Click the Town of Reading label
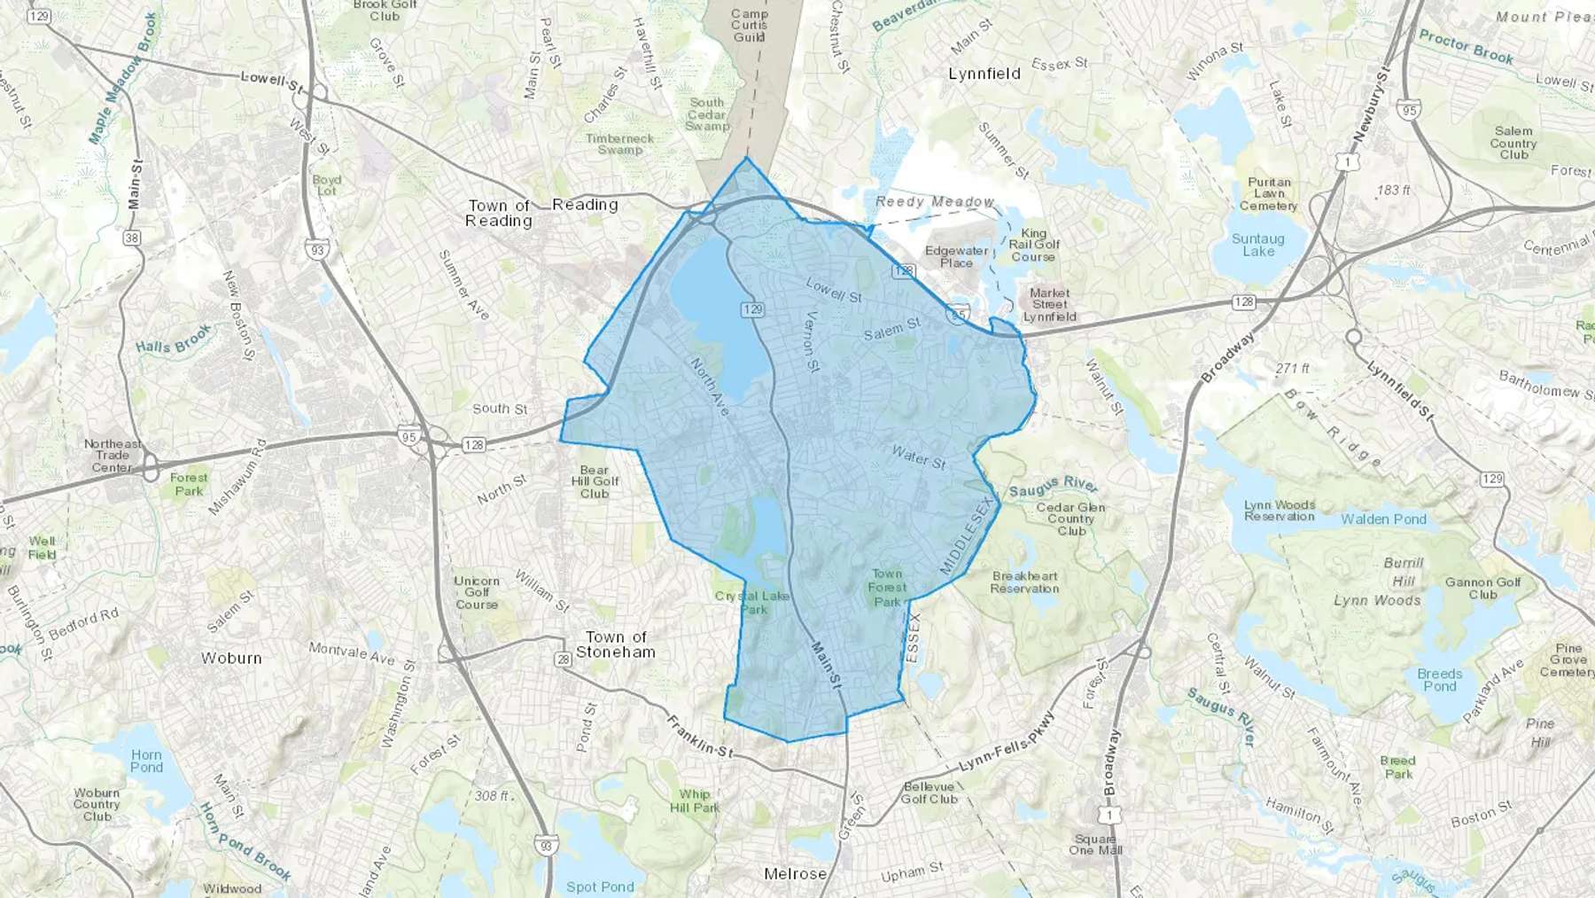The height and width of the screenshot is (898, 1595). click(498, 213)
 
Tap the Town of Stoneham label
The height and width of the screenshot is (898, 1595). click(616, 644)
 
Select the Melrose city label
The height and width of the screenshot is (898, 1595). click(795, 874)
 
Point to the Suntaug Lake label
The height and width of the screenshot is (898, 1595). click(1257, 245)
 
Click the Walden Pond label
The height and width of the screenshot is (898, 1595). click(1383, 519)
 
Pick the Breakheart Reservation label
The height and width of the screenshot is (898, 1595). click(1024, 582)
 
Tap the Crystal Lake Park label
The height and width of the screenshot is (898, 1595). click(752, 603)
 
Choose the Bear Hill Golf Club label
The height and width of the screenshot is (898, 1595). click(594, 481)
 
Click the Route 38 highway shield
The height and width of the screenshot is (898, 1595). click(132, 238)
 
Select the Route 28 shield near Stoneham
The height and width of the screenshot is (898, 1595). click(564, 659)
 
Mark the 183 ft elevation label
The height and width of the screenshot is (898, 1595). click(1393, 190)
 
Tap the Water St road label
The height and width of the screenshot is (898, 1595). click(918, 457)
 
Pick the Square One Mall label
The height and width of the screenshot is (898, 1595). click(1095, 844)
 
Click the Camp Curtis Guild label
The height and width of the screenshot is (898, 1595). click(749, 26)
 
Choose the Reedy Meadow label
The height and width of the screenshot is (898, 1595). click(934, 202)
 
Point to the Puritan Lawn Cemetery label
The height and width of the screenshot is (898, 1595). click(1269, 194)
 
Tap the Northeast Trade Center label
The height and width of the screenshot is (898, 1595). click(113, 456)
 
